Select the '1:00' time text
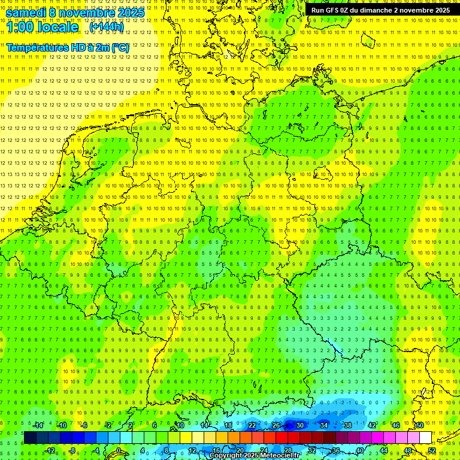tap(20, 27)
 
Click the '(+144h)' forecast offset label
tap(106, 27)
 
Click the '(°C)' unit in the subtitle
tap(119, 47)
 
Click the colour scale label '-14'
tap(38, 425)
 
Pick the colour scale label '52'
tap(432, 450)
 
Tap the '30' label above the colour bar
tap(299, 425)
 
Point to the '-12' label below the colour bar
tap(50, 450)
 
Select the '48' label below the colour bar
tap(408, 450)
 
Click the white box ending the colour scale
tap(425, 438)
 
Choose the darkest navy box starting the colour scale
tap(30, 438)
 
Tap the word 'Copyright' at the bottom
tap(226, 456)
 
